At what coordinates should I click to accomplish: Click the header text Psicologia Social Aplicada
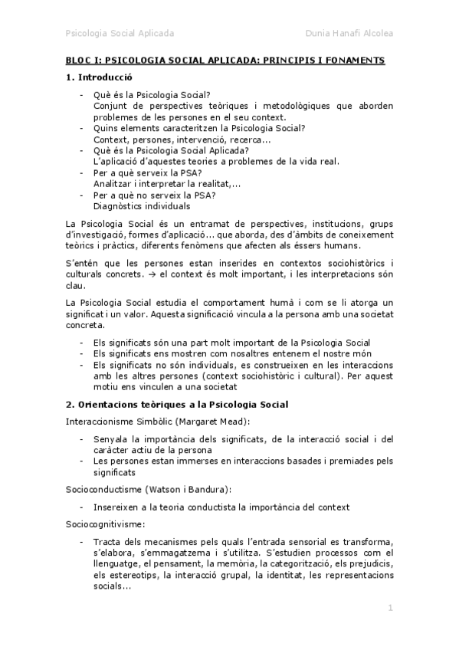click(120, 34)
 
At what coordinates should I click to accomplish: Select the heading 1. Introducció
click(99, 77)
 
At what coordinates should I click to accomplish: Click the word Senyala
click(110, 439)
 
